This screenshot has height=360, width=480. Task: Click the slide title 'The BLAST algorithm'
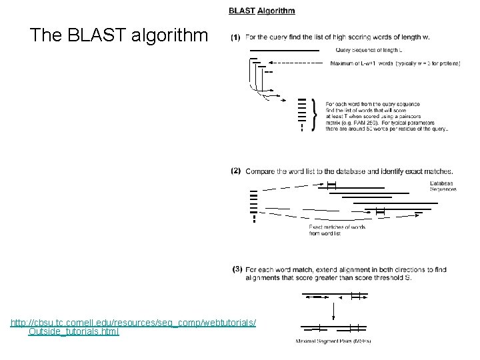119,35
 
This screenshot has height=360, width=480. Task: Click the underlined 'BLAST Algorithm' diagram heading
261,10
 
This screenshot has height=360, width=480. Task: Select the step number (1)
235,37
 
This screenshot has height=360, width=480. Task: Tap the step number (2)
236,171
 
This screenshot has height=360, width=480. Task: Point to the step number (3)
237,269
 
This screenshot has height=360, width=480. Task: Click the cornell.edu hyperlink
133,323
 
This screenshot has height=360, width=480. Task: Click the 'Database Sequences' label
443,186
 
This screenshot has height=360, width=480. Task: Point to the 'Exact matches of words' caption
337,227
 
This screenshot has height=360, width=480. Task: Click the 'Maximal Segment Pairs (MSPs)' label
333,341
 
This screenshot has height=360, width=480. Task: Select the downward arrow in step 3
333,310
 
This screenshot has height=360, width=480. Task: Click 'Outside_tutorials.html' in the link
73,331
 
